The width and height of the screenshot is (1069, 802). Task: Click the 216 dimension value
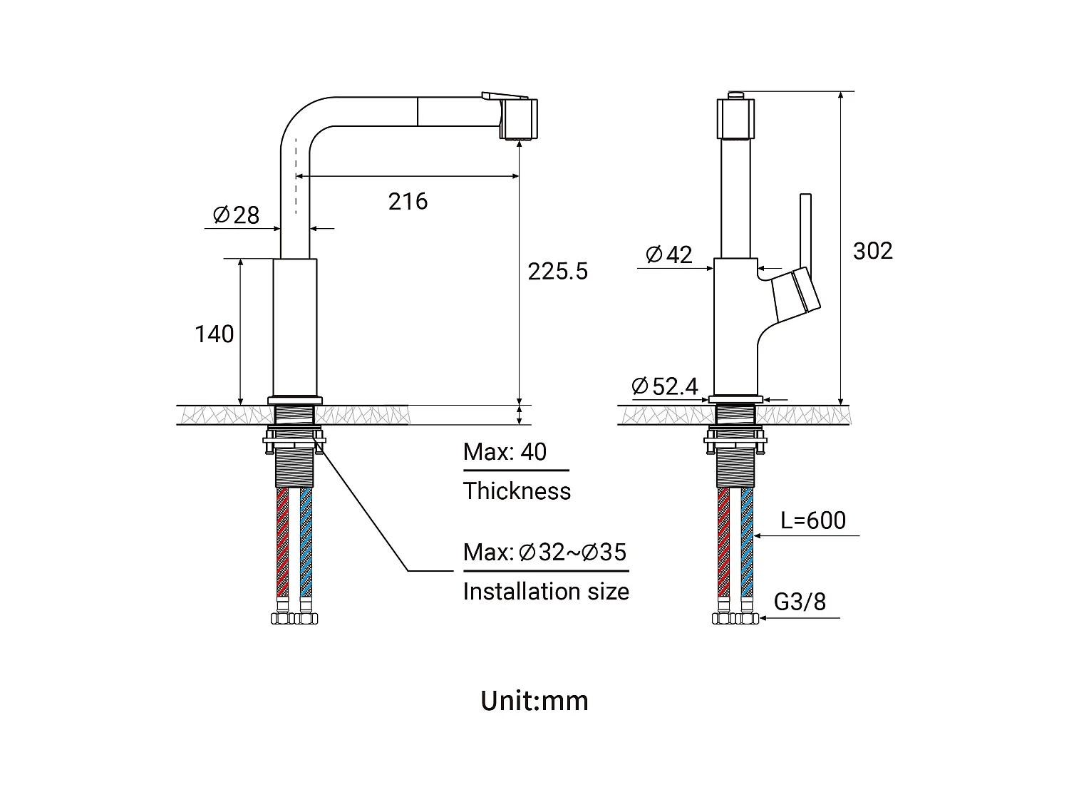pyautogui.click(x=408, y=202)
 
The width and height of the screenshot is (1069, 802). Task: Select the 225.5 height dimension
pyautogui.click(x=557, y=272)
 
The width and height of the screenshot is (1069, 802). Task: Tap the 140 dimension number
pyautogui.click(x=215, y=334)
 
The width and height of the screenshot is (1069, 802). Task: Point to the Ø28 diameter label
pyautogui.click(x=237, y=215)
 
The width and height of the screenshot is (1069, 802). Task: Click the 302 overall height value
pyautogui.click(x=872, y=251)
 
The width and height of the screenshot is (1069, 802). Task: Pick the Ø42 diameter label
pyautogui.click(x=668, y=255)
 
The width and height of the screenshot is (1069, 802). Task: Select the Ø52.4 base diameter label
pyautogui.click(x=665, y=386)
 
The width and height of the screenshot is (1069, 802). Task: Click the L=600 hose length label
pyautogui.click(x=812, y=520)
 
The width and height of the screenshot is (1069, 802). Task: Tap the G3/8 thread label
pyautogui.click(x=800, y=602)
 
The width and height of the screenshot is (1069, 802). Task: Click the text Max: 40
pyautogui.click(x=505, y=452)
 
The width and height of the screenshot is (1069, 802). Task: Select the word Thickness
pyautogui.click(x=517, y=491)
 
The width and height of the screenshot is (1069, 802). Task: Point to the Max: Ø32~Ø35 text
pyautogui.click(x=544, y=552)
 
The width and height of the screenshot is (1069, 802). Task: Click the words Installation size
pyautogui.click(x=546, y=592)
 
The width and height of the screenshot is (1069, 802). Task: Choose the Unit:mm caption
pyautogui.click(x=534, y=701)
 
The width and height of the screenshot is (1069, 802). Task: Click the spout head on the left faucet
pyautogui.click(x=519, y=118)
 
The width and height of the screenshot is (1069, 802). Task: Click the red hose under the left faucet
pyautogui.click(x=283, y=542)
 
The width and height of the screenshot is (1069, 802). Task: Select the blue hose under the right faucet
pyautogui.click(x=747, y=542)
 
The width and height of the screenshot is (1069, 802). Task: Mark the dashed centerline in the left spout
pyautogui.click(x=295, y=178)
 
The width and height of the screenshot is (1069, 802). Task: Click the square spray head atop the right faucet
pyautogui.click(x=734, y=118)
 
